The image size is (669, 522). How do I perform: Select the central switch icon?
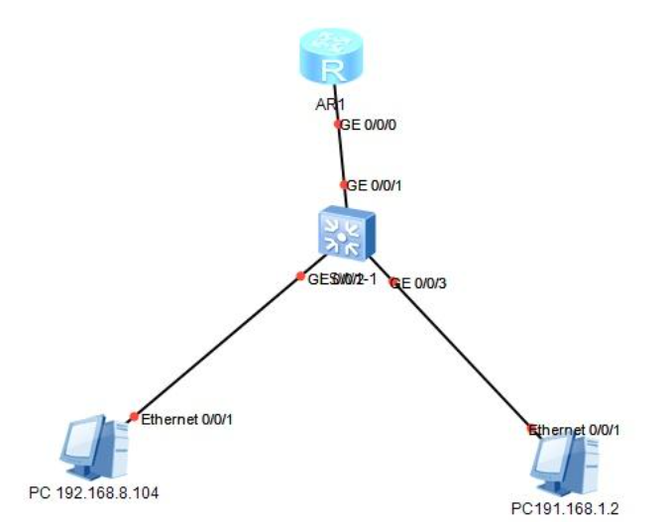point(343,234)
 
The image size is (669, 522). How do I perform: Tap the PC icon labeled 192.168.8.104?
point(90,451)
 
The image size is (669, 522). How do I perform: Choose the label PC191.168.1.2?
point(565,508)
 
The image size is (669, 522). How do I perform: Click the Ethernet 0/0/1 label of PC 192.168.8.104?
point(186,420)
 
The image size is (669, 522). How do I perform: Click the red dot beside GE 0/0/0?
point(338,125)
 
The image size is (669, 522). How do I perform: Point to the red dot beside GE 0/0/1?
point(344,185)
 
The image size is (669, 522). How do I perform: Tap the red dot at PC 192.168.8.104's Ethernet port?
point(134,416)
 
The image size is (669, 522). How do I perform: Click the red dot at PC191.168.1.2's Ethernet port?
point(532,429)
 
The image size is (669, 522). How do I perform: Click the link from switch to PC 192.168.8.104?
point(218,346)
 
